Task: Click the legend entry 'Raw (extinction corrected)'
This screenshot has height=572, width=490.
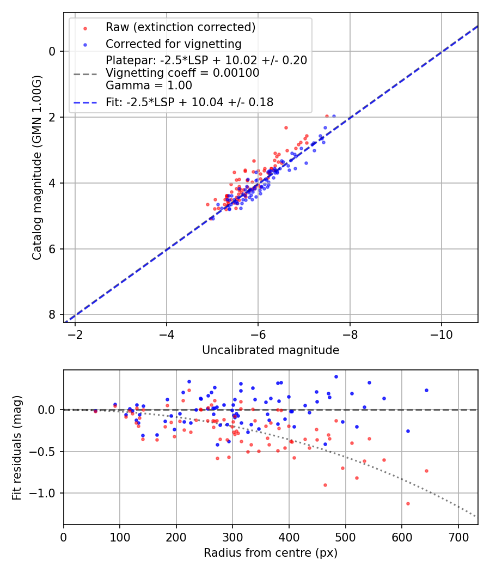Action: pyautogui.click(x=180, y=27)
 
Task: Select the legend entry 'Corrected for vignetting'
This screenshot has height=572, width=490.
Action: pyautogui.click(x=173, y=44)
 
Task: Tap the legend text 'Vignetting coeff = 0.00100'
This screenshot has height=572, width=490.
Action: pyautogui.click(x=182, y=73)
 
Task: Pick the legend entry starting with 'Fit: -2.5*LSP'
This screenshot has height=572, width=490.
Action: pyautogui.click(x=189, y=102)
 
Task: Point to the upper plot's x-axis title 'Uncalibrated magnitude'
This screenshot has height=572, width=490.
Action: pyautogui.click(x=271, y=350)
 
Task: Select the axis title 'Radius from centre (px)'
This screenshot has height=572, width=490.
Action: pyautogui.click(x=271, y=553)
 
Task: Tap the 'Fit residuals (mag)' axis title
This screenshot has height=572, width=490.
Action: pyautogui.click(x=17, y=447)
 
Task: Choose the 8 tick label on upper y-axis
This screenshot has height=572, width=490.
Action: pyautogui.click(x=52, y=315)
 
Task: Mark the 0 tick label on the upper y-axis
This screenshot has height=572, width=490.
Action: pyautogui.click(x=52, y=51)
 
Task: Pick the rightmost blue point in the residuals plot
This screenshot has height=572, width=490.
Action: pyautogui.click(x=426, y=390)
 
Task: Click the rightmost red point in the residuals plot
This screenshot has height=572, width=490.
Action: pyautogui.click(x=426, y=471)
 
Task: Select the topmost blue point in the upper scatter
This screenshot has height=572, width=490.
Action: pyautogui.click(x=334, y=116)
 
